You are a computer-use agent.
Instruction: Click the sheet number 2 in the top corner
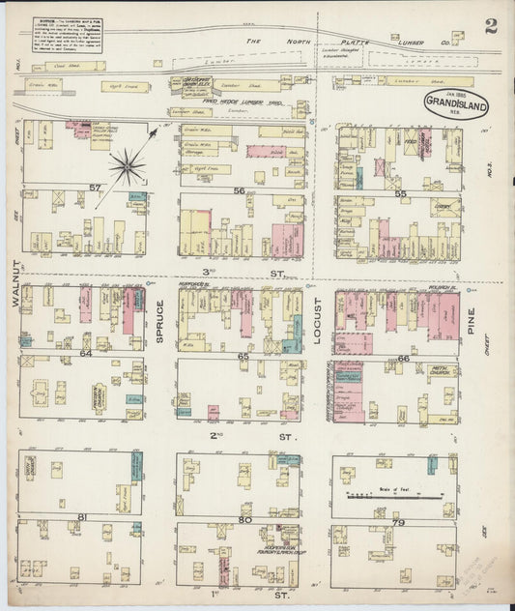[x=491, y=25]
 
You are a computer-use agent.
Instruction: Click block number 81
[x=83, y=517]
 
